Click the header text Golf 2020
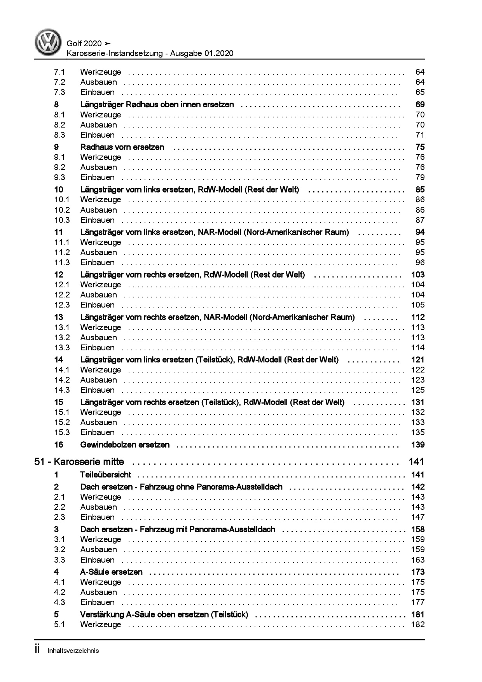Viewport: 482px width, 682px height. click(x=84, y=44)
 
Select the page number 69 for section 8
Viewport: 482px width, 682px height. click(x=420, y=105)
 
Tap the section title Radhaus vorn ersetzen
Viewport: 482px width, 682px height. click(x=122, y=147)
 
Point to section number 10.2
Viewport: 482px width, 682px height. click(x=62, y=210)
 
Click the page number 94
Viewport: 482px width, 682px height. click(x=420, y=232)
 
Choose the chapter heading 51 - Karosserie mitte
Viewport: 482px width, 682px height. click(x=79, y=462)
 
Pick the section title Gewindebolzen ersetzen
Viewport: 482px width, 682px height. click(x=125, y=445)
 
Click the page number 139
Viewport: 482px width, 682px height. click(x=417, y=445)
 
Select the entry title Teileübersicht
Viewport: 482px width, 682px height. click(x=105, y=475)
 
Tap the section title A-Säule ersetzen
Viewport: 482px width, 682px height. click(x=111, y=572)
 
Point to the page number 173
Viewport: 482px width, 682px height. click(x=417, y=572)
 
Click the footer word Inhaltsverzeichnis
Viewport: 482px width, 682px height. click(x=73, y=651)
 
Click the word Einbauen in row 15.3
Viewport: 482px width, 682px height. click(x=98, y=432)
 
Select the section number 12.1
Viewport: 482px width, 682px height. click(x=62, y=285)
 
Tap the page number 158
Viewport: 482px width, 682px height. click(x=417, y=529)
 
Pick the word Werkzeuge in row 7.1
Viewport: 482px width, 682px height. click(x=101, y=72)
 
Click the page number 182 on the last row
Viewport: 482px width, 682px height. click(x=417, y=624)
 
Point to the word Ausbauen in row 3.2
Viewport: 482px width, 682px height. click(x=99, y=549)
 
